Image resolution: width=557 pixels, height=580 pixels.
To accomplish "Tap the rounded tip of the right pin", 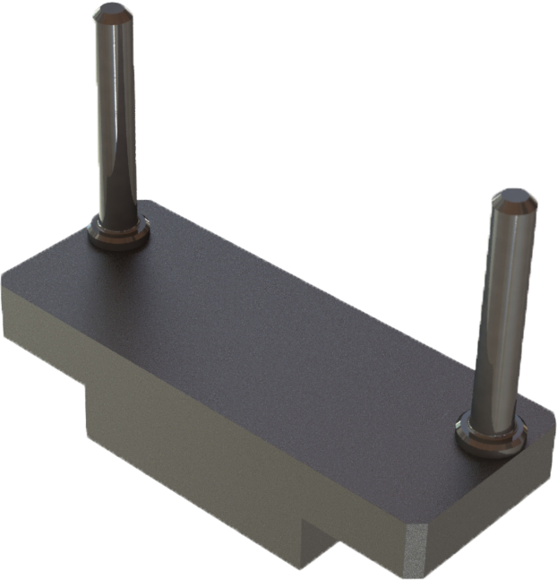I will pos(516,196).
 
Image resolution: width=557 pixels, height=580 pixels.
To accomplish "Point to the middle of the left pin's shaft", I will pos(116,117).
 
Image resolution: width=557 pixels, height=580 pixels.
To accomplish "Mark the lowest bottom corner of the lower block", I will pos(298,567).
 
